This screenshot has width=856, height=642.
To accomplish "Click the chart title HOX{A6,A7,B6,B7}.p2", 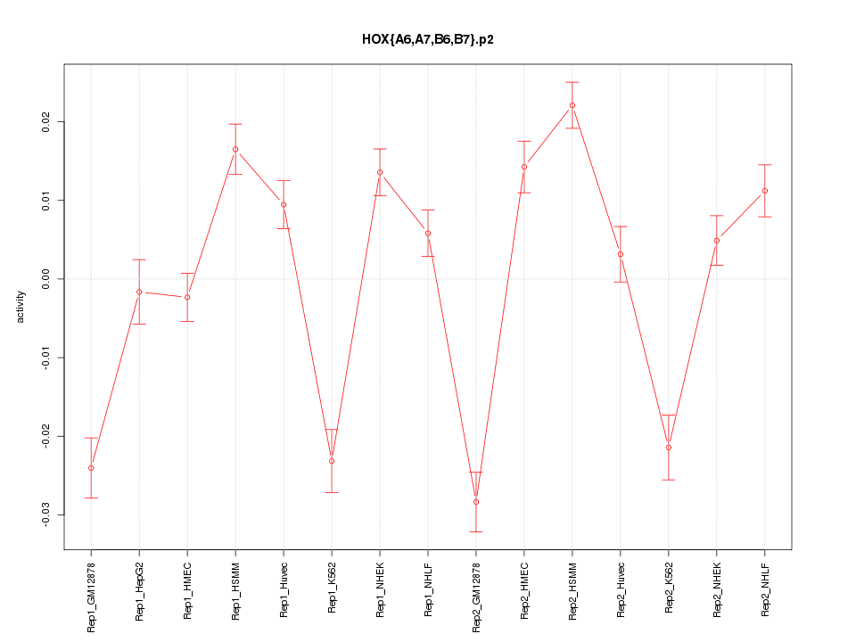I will pos(428,40).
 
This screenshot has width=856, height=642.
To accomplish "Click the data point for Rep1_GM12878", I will pos(91,468).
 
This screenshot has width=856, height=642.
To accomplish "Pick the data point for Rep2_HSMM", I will pos(572,105).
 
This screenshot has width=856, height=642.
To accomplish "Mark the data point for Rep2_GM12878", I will pos(476,502).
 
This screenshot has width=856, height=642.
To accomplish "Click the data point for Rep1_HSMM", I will pos(235,149).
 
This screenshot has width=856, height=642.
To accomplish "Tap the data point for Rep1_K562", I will pos(332,461).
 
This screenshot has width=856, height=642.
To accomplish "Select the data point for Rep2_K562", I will pos(669,447).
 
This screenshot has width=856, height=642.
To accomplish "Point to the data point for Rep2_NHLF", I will pos(765,191).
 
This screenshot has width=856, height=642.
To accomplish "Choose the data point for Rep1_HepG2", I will pos(139,292).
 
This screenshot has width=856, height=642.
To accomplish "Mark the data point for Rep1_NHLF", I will pos(428,234).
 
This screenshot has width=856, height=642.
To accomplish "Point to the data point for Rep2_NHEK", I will pos(717,240).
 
